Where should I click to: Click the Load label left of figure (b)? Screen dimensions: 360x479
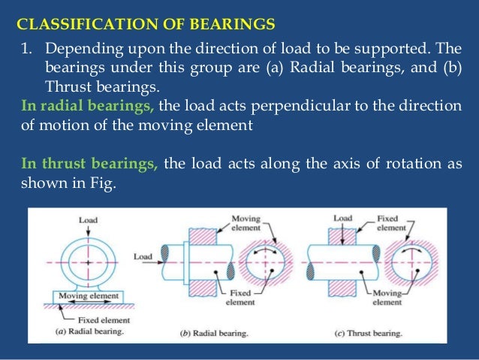pos(143,256)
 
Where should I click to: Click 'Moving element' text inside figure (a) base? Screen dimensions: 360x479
pos(89,296)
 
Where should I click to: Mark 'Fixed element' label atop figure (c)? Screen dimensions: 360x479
pos(391,222)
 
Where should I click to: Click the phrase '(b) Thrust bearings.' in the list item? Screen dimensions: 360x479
pos(91,86)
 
